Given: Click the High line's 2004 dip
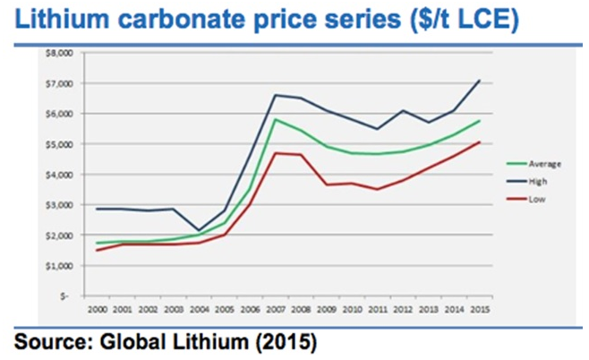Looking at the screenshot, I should [198, 230].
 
